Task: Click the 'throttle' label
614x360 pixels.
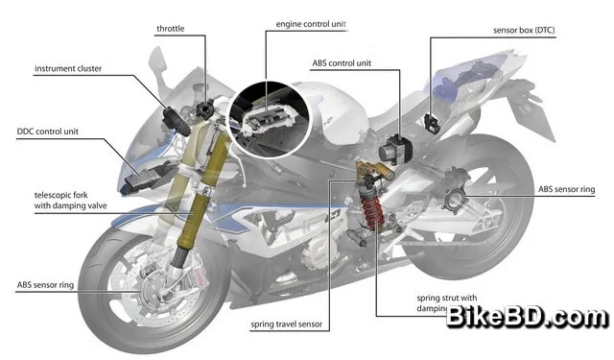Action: click(x=172, y=29)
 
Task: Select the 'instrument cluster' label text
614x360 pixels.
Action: click(x=67, y=69)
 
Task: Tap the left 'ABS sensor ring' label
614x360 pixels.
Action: click(x=49, y=285)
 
